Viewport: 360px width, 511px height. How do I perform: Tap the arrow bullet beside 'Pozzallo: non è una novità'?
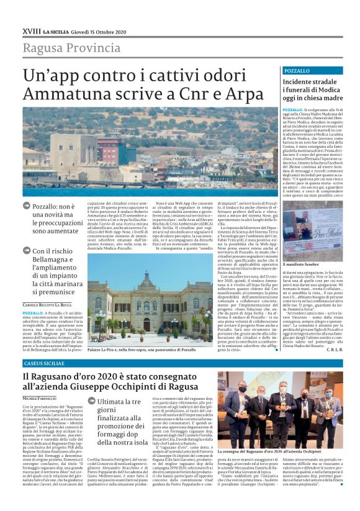(26, 206)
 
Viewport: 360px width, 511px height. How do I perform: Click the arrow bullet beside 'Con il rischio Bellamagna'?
(26, 251)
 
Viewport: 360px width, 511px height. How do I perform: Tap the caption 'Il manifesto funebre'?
(303, 265)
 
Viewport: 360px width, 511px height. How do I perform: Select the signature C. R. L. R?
(333, 350)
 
